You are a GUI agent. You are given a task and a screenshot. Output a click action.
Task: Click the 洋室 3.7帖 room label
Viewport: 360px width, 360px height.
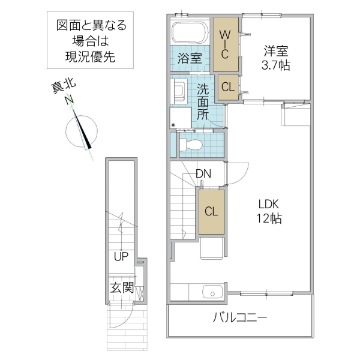coord(275,58)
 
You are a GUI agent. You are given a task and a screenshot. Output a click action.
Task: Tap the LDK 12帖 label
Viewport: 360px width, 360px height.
coord(268,211)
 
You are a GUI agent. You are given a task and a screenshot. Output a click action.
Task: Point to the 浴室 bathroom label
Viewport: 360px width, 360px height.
coord(191,59)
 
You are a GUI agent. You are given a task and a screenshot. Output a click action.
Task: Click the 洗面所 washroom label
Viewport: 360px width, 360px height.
coord(204,102)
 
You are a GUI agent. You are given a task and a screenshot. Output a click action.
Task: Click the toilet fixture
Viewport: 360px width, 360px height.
coord(191,145)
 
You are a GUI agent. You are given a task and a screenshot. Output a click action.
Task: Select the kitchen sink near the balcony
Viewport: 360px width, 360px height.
coord(212,292)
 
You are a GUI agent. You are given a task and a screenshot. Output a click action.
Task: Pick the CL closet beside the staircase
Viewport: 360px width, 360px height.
coord(211,211)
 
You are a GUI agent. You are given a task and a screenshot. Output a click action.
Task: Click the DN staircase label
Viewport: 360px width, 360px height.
coord(203,174)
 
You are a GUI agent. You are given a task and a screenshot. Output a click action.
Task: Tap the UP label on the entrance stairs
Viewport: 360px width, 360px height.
coord(121,257)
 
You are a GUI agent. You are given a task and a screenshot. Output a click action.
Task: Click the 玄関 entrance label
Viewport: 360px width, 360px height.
coord(121,288)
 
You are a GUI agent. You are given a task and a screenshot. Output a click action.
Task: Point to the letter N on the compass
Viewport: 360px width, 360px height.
coord(70,100)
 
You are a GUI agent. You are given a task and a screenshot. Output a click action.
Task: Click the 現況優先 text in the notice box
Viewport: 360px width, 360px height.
coord(91,58)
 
